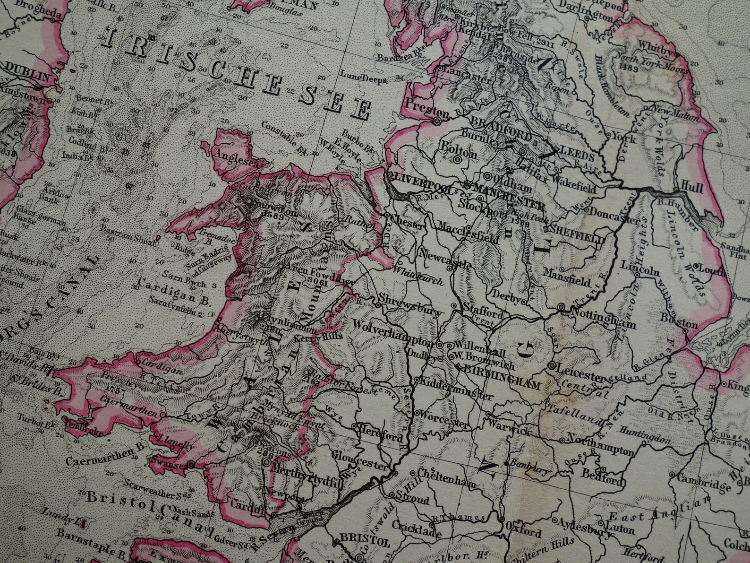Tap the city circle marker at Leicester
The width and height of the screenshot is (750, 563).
click(551, 366)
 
